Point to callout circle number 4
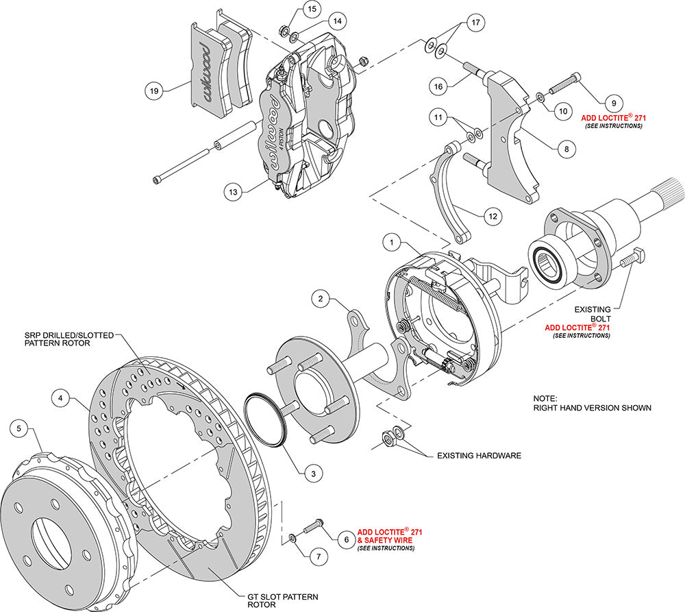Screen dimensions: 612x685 (x=62, y=397)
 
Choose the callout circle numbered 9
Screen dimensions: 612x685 (x=613, y=103)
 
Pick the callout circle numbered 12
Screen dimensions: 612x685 (x=491, y=217)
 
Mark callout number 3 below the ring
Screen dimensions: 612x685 (x=313, y=472)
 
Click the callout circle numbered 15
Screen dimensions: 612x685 (x=312, y=9)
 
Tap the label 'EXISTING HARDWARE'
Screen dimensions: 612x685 (x=479, y=455)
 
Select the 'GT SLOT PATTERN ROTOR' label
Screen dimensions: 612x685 (x=278, y=600)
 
